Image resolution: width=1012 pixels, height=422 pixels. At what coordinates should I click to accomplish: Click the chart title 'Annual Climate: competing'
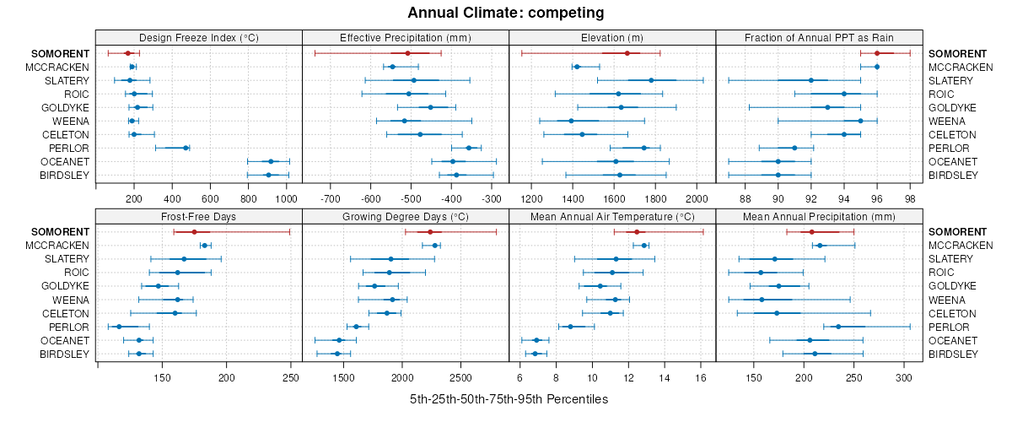pos(505,13)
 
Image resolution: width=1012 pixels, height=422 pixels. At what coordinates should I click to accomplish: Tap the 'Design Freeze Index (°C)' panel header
pos(198,37)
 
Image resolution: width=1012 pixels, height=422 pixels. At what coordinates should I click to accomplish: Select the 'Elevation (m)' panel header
pos(612,37)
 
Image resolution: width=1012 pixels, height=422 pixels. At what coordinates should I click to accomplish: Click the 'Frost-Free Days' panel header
pos(198,216)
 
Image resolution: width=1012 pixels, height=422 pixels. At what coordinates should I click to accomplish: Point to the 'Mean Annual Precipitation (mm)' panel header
pos(819,216)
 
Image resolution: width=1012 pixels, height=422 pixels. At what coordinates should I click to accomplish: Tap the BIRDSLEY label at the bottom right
pos(950,354)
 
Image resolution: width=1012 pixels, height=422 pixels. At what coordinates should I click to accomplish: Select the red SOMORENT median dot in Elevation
pos(627,53)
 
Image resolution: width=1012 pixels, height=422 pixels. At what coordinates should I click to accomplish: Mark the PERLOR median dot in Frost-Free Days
pos(119,327)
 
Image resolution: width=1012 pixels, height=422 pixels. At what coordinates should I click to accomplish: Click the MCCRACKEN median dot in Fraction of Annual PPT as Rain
pos(877,67)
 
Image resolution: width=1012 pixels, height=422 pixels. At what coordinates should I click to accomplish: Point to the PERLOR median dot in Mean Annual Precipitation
pos(838,327)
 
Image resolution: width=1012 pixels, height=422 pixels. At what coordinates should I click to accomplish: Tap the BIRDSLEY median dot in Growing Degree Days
pos(336,354)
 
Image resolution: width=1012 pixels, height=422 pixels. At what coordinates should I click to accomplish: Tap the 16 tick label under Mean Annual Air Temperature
pos(701,377)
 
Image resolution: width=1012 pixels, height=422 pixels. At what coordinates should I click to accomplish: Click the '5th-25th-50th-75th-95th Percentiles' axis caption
pos(509,398)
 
